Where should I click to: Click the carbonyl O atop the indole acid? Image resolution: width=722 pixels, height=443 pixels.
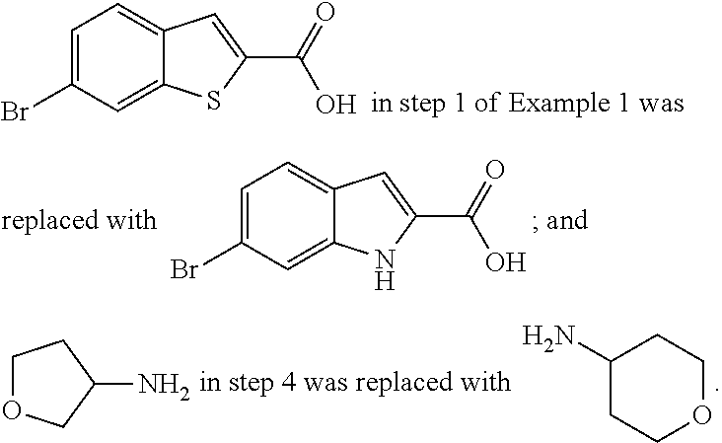coord(494,170)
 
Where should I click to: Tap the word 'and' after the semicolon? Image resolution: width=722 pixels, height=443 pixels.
coord(566,219)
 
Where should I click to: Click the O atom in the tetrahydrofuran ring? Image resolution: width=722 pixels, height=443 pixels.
coord(20,406)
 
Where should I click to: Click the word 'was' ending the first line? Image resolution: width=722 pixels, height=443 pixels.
coord(659,104)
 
